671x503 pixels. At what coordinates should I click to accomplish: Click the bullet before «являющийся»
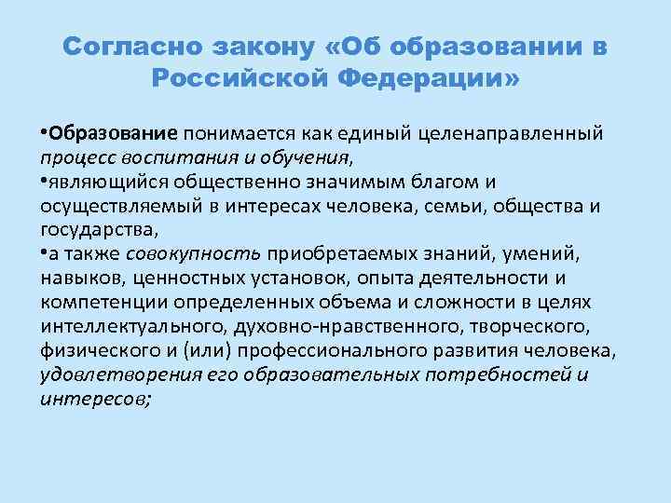click(x=45, y=179)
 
